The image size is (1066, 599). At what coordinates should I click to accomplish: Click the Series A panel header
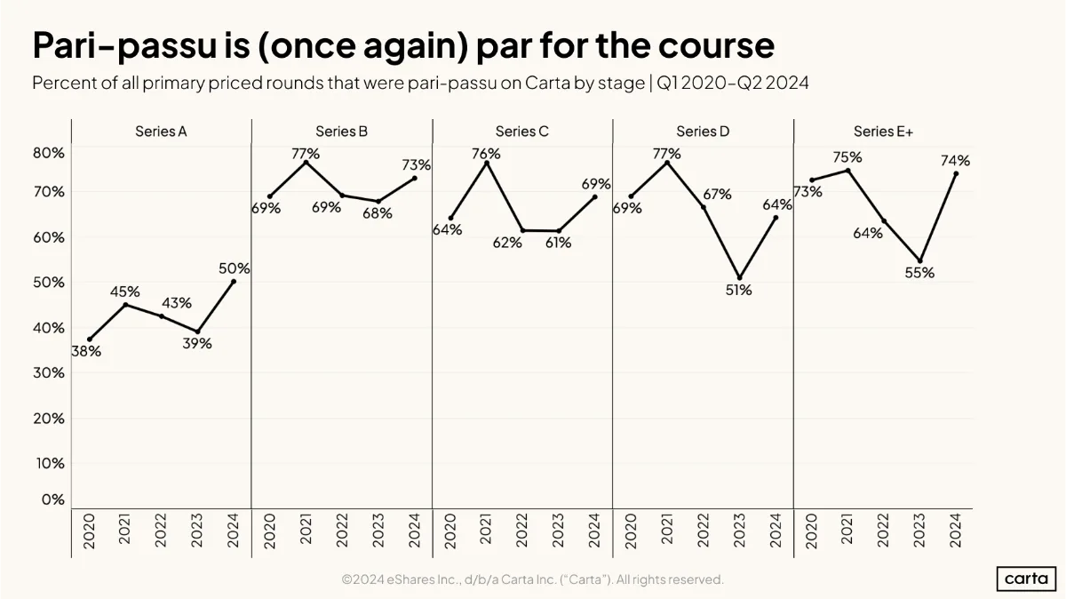[161, 132]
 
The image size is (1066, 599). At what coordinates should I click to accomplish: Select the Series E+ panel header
[883, 132]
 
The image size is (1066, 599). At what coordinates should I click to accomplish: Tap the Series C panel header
[522, 132]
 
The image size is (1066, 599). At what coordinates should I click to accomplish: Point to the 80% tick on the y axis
[49, 153]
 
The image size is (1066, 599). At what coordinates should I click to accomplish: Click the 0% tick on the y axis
[52, 499]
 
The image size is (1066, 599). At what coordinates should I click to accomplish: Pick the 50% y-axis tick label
[49, 283]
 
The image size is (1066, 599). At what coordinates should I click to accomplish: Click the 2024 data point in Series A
[233, 282]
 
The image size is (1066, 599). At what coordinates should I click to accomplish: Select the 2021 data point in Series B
[306, 163]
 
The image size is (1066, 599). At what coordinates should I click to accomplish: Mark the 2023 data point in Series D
[739, 278]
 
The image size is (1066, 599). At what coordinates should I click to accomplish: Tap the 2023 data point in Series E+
[920, 261]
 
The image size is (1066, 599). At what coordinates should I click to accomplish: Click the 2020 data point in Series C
[450, 218]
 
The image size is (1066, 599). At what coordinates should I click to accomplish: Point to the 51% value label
[738, 290]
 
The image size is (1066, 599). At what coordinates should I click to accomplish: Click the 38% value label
[86, 351]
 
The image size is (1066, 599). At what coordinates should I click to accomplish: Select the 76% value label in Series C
[486, 154]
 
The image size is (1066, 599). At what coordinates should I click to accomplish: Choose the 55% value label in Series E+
[919, 273]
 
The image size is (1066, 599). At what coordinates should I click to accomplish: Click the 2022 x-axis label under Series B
[342, 531]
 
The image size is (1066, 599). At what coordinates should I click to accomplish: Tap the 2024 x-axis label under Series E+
[956, 531]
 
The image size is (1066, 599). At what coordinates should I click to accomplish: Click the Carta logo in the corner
[1026, 579]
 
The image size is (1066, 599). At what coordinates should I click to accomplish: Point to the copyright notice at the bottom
[532, 579]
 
